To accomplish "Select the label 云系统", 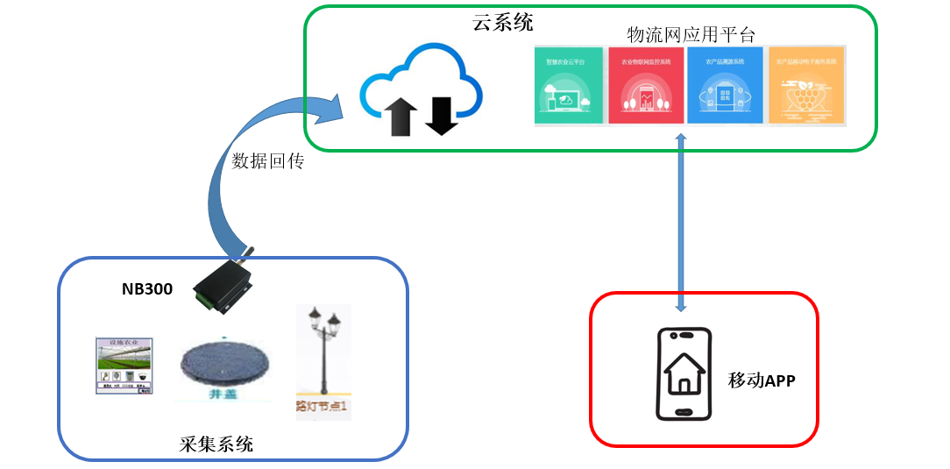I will [503, 23].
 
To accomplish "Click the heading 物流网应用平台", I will [691, 34].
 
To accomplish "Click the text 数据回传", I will [267, 161].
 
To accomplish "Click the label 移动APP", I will [761, 380].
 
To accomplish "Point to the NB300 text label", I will [146, 288].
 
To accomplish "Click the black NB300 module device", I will [223, 282].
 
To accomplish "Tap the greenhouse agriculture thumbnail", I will [123, 365].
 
